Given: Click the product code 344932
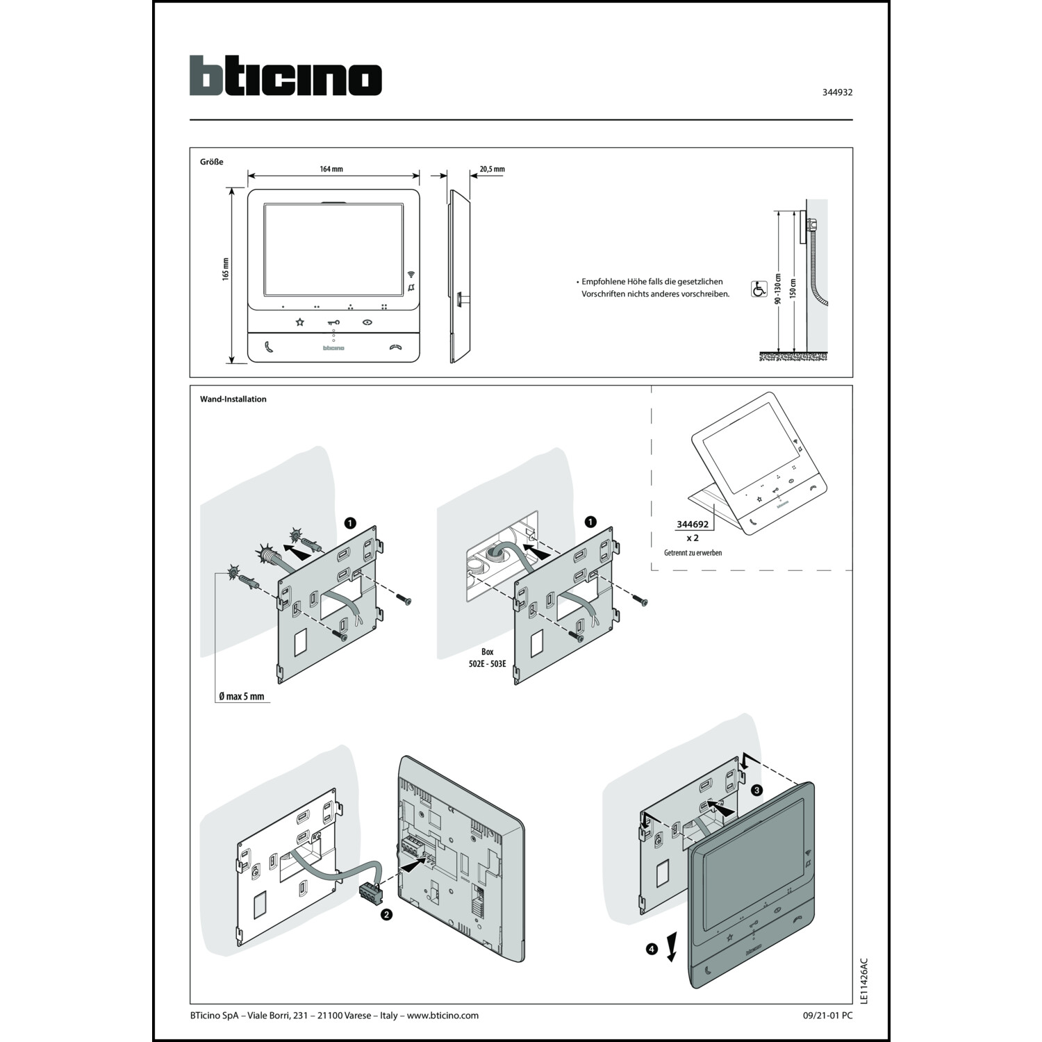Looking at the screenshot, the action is [x=837, y=92].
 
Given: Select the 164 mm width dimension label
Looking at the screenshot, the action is [x=331, y=169].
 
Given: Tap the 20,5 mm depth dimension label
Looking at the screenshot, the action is [x=492, y=169].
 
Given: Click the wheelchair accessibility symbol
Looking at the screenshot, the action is [x=759, y=289].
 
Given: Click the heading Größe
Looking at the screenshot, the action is [x=211, y=162].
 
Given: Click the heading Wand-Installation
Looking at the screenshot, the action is [x=233, y=399].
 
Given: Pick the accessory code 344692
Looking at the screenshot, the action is [x=692, y=524].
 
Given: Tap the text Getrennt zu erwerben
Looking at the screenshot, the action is [x=693, y=553].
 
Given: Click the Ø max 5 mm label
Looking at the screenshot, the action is [x=241, y=696].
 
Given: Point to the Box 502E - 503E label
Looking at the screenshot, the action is [x=488, y=658].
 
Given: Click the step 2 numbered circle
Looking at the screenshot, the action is [x=387, y=915].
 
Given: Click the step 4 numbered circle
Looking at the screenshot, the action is [x=652, y=948].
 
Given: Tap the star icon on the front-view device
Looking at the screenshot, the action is [x=300, y=322].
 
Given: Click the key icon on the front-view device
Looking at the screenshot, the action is [x=333, y=322].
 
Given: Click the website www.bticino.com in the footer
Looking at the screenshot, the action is [x=443, y=1015].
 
